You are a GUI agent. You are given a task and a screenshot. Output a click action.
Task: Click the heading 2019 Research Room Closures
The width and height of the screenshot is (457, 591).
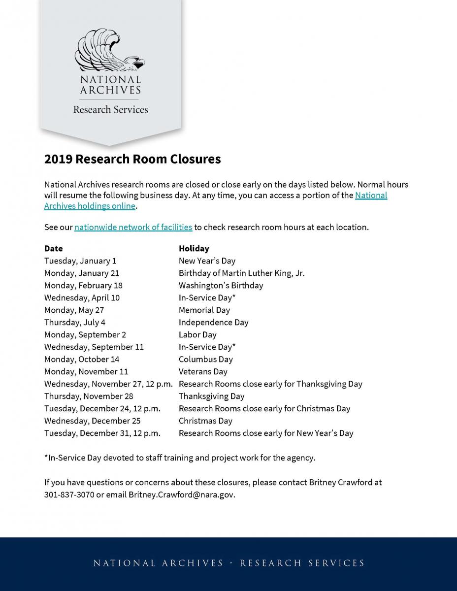(x=132, y=159)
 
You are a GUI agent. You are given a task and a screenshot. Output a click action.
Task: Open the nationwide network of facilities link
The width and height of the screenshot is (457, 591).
(x=133, y=227)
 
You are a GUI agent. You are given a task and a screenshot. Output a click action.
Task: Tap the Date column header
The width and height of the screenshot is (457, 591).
(x=54, y=248)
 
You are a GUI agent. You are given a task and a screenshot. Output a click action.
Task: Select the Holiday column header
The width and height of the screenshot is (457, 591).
(x=194, y=248)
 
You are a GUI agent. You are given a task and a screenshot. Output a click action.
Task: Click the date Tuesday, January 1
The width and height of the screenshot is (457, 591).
(x=80, y=261)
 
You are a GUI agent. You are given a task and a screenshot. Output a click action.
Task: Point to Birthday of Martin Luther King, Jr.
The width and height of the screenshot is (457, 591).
(x=241, y=273)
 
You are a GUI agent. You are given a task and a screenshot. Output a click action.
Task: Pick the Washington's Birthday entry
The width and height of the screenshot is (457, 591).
(x=221, y=285)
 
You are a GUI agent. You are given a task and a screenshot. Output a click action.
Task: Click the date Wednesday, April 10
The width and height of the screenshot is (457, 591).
(x=82, y=297)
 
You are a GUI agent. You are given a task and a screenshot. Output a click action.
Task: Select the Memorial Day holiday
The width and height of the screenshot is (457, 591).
(x=204, y=310)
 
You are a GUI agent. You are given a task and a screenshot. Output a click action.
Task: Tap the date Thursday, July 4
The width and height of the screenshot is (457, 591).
(x=75, y=322)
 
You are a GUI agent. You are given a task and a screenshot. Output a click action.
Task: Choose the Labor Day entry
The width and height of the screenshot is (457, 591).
(x=197, y=334)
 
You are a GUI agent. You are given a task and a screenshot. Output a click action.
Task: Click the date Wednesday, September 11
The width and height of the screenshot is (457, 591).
(x=94, y=347)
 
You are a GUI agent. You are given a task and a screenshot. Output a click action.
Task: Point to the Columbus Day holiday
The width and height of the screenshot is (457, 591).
(x=205, y=359)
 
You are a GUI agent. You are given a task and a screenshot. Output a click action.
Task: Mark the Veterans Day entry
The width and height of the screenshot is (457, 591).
(x=203, y=371)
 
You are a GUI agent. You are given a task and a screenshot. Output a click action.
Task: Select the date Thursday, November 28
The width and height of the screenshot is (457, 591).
(x=89, y=396)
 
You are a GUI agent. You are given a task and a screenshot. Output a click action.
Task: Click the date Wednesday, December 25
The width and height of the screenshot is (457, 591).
(x=92, y=421)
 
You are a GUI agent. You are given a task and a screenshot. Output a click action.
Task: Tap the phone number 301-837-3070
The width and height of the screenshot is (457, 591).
(x=69, y=494)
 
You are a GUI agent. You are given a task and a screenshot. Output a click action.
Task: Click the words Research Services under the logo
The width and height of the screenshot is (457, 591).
(x=110, y=109)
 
